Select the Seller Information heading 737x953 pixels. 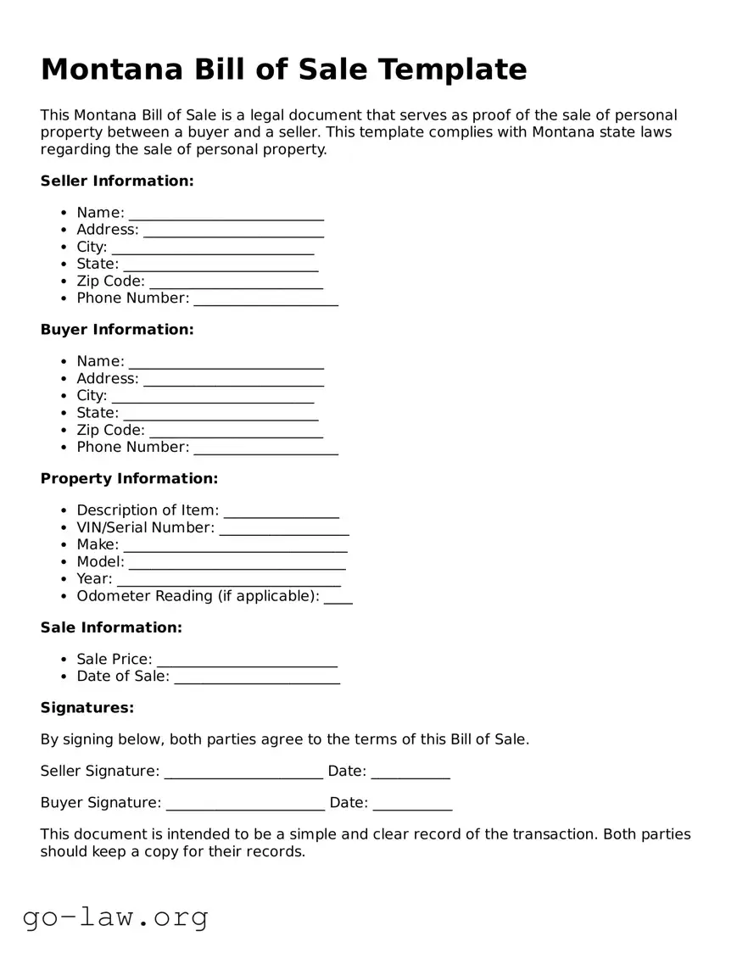coord(117,181)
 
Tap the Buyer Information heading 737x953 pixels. coord(117,329)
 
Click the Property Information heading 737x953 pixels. coord(129,478)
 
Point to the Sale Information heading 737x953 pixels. coord(111,627)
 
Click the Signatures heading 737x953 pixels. coord(87,707)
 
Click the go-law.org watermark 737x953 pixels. coord(115,917)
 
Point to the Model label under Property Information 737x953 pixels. coord(100,561)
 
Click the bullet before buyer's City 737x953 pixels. coord(64,396)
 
